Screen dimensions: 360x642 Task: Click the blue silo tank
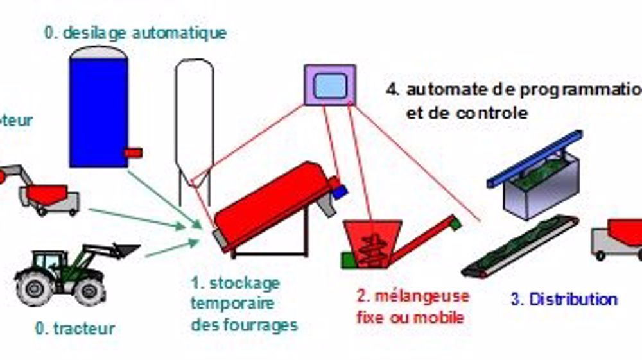(98, 109)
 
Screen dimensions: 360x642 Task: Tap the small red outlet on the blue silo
(134, 152)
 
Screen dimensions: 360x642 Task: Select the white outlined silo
(194, 122)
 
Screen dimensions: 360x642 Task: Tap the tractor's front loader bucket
(125, 251)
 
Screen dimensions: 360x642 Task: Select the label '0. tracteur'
(75, 329)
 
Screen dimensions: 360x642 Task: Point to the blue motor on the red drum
(338, 189)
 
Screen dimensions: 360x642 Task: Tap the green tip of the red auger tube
(455, 223)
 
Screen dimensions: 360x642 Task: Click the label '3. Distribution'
(564, 299)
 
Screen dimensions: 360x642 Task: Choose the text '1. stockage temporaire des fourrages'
(244, 304)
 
